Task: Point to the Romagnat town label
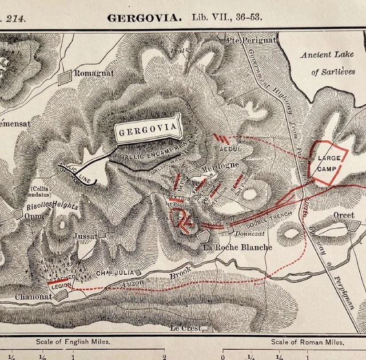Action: (96, 74)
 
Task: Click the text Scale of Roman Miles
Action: (308, 342)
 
